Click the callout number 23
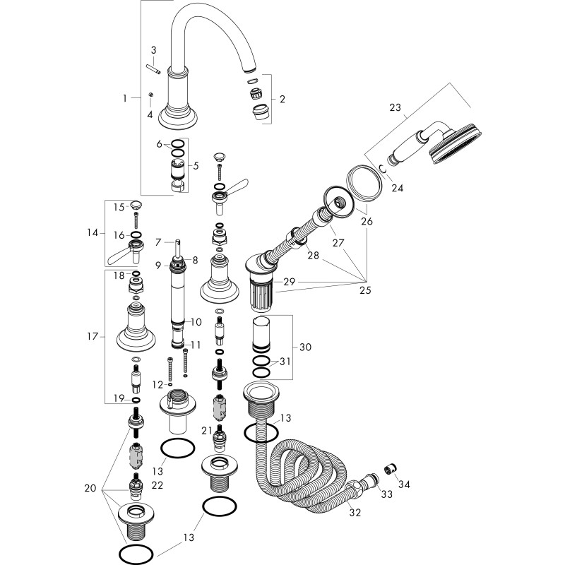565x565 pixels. click(x=395, y=107)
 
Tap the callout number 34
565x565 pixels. click(x=404, y=484)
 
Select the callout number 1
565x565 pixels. click(x=125, y=98)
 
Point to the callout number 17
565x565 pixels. click(x=93, y=336)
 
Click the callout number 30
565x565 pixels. click(x=305, y=347)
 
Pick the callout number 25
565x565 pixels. click(x=365, y=290)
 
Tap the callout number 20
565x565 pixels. click(x=90, y=488)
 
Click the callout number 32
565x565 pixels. click(x=355, y=512)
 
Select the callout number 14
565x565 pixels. click(x=93, y=233)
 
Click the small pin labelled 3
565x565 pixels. click(x=153, y=69)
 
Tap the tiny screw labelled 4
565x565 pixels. click(x=151, y=95)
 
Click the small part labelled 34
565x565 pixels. click(x=391, y=470)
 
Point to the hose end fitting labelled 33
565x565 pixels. click(x=371, y=480)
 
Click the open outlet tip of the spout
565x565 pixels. click(x=250, y=69)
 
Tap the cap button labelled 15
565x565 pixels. click(x=136, y=206)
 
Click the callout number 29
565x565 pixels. click(x=289, y=282)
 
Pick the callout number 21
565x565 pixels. click(x=206, y=431)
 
